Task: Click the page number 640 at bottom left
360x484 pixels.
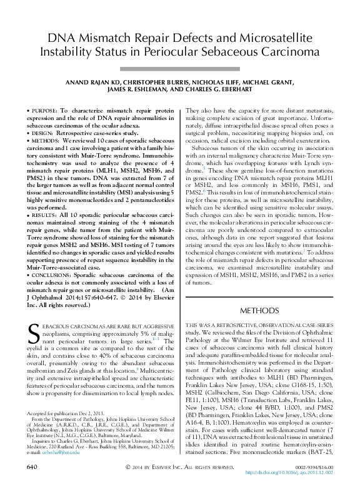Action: click(33, 467)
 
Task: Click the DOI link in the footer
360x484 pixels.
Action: click(291, 472)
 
